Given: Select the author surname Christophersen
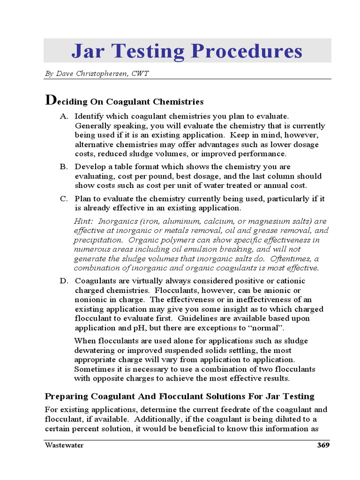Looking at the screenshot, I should (x=107, y=74).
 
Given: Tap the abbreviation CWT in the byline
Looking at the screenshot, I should (x=141, y=74).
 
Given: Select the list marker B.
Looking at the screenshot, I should (x=63, y=167).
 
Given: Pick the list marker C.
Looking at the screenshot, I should (x=63, y=199).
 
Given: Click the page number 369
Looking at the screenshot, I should (x=323, y=445).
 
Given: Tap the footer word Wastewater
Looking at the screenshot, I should (x=64, y=445).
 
